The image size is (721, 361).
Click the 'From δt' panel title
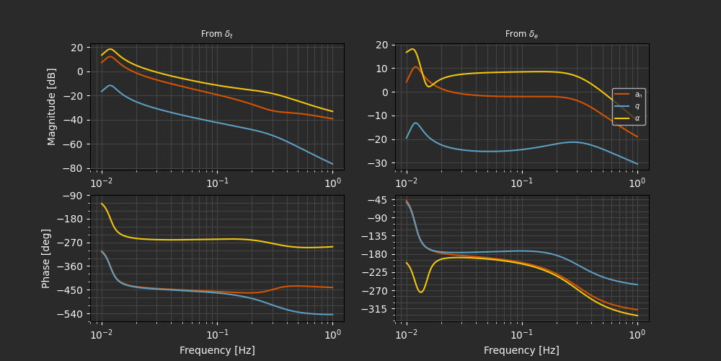216,34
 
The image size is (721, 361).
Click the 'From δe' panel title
521,34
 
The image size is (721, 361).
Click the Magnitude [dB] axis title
52,107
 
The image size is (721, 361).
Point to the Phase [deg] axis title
46,258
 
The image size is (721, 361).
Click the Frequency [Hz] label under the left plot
217,350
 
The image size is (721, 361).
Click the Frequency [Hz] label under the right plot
521,350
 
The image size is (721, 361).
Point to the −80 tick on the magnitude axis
75,169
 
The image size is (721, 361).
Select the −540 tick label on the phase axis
72,314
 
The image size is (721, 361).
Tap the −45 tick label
379,200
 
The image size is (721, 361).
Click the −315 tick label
377,309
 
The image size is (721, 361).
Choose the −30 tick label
379,163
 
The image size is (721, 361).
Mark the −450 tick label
72,290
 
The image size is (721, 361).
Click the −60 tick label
75,144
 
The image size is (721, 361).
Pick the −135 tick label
377,236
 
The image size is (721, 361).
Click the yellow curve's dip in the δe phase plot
422,292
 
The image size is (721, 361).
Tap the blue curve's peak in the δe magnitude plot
416,123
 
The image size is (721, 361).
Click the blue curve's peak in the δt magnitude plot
110,85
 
